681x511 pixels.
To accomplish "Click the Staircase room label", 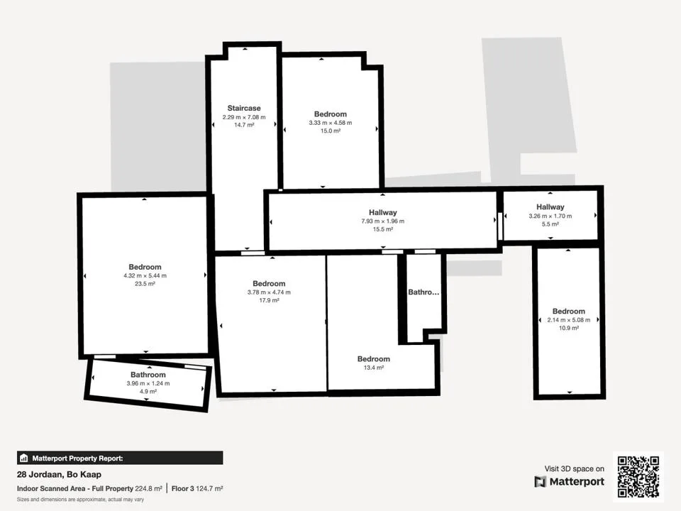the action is tap(244, 108).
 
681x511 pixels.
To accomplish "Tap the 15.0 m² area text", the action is tap(331, 131).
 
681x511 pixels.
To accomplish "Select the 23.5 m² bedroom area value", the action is tap(145, 284).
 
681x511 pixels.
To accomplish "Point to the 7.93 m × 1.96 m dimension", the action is tap(382, 221).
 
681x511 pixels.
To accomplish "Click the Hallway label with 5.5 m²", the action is tap(550, 207).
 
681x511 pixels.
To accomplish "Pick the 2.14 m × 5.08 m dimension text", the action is tap(568, 320).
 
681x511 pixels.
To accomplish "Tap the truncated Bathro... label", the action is tap(423, 292).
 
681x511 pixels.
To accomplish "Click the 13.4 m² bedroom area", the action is tap(374, 368).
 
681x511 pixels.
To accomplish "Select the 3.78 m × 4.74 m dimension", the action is tap(269, 292).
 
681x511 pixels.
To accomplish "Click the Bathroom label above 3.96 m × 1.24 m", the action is tap(148, 375).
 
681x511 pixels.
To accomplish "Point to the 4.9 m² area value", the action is tap(148, 392).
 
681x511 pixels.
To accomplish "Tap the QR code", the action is tap(638, 476).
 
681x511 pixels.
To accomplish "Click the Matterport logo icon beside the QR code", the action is tap(540, 482).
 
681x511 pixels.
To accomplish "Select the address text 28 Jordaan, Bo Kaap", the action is tap(59, 475).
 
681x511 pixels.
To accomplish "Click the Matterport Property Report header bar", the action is tap(120, 458).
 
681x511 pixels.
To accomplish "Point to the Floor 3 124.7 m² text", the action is tap(197, 488).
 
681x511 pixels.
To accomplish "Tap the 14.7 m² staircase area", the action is tap(244, 125).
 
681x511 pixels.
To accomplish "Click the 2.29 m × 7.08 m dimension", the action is tap(244, 117).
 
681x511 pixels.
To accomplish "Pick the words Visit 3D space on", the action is tap(574, 469).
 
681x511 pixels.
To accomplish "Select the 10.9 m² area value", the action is tap(568, 328).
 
